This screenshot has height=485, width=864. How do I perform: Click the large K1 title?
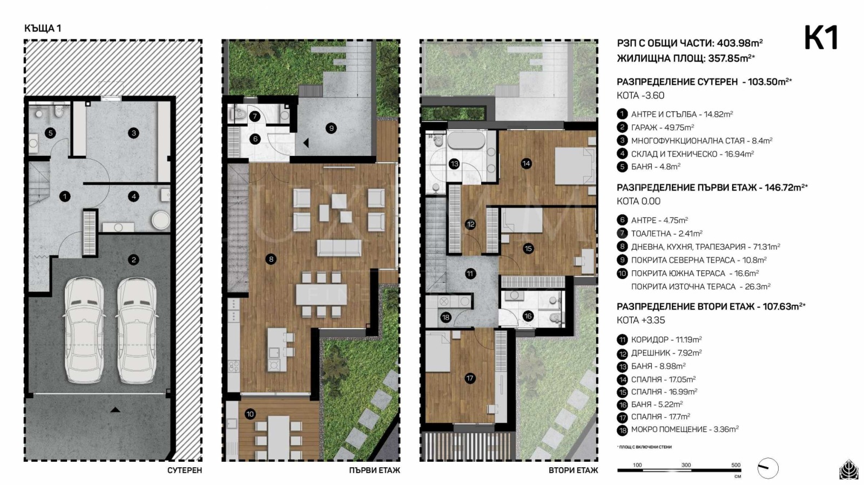tap(821, 38)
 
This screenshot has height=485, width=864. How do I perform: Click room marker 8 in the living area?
tap(271, 259)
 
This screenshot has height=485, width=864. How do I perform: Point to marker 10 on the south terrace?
tap(249, 414)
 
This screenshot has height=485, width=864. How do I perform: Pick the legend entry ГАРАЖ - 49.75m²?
tap(662, 127)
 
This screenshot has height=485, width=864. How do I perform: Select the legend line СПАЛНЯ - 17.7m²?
tap(660, 416)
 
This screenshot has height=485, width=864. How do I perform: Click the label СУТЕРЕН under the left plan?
tap(184, 470)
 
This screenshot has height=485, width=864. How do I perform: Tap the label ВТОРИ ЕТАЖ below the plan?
tap(573, 470)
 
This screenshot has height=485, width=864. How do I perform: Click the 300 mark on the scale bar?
tap(686, 465)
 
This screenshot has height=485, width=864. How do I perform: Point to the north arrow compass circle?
tap(767, 468)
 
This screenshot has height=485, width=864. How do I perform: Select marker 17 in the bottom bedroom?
tap(470, 378)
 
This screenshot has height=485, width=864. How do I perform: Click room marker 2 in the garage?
tap(134, 259)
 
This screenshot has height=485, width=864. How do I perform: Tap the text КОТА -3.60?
tap(640, 95)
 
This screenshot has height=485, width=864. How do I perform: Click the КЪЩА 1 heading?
tap(43, 28)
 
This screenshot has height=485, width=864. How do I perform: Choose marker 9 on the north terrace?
tap(331, 128)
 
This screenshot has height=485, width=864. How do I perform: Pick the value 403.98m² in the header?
tap(739, 43)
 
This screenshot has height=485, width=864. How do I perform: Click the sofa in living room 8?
tap(339, 248)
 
